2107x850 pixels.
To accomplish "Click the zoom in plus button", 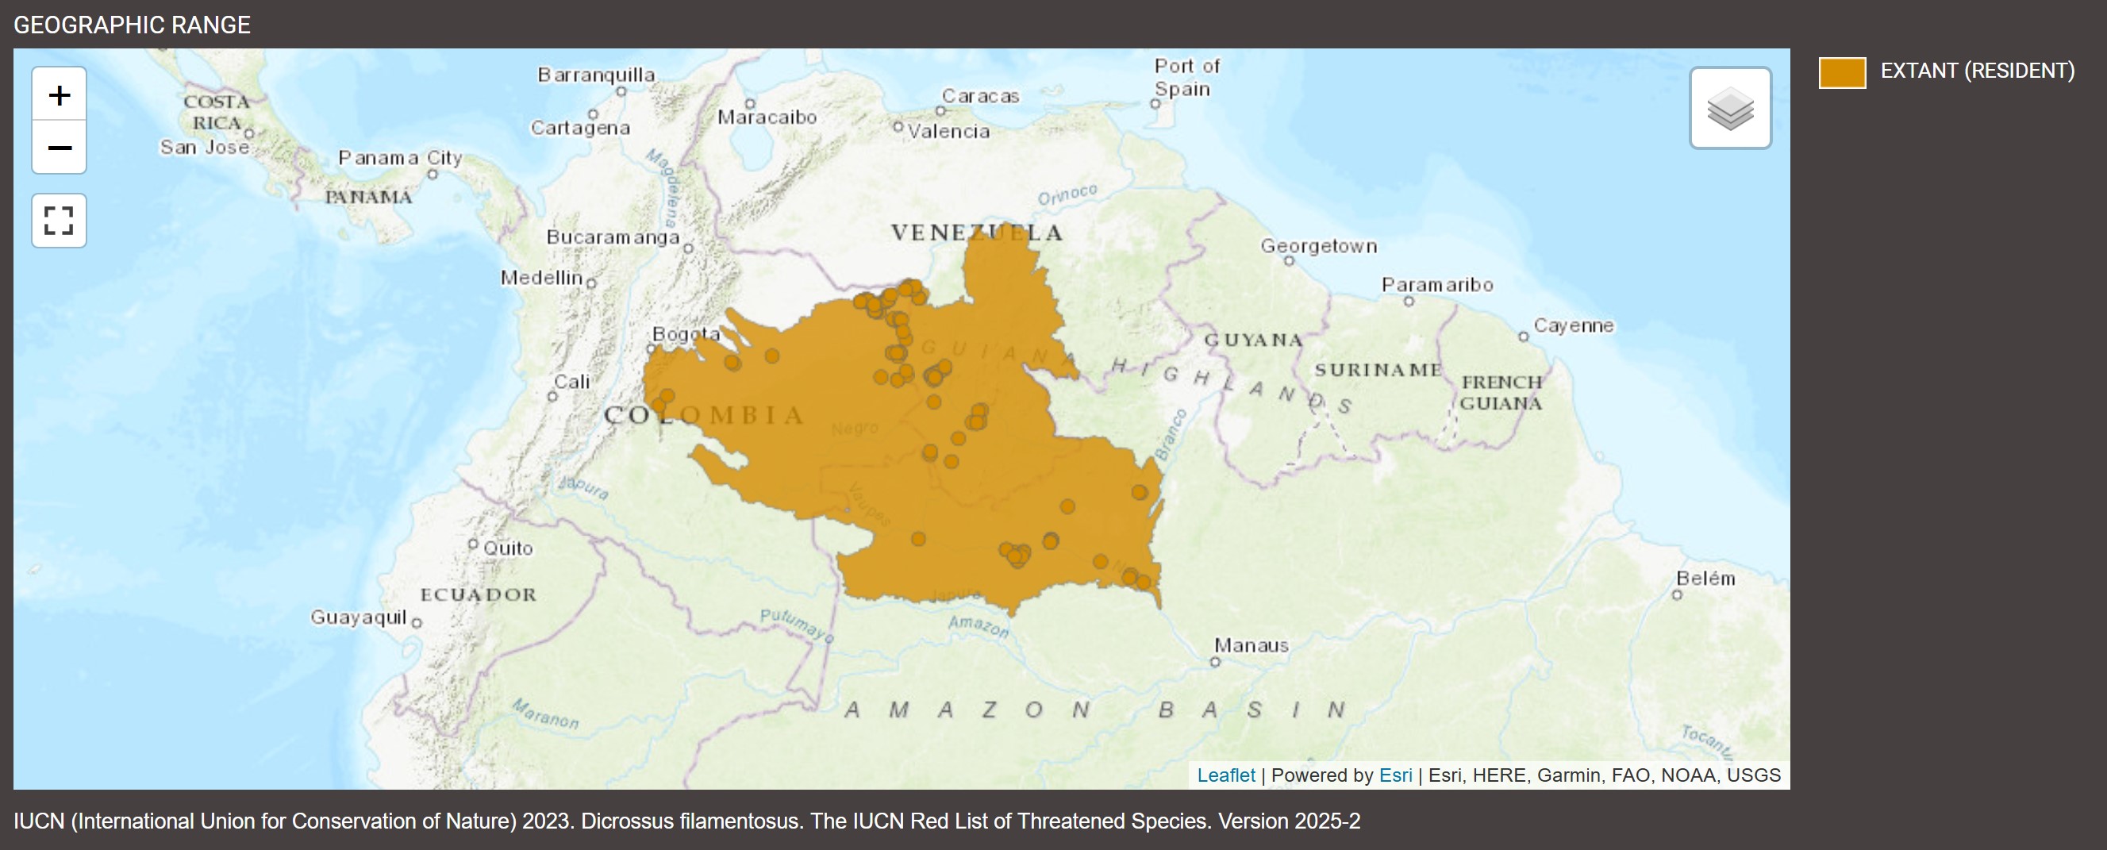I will (x=59, y=95).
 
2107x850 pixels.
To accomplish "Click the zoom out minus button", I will (x=59, y=148).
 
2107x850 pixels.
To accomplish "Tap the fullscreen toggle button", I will (x=59, y=221).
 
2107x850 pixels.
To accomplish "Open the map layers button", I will (x=1730, y=109).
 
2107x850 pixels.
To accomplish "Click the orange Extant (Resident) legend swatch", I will (x=1841, y=72).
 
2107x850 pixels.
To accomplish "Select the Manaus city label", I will (x=1251, y=645).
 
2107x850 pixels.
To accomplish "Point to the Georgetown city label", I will (x=1317, y=246).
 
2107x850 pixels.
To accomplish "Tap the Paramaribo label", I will (x=1436, y=285).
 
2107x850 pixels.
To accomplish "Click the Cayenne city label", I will (x=1573, y=325).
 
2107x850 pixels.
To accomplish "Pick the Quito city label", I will (x=507, y=548).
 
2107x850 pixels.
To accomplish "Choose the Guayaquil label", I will (x=358, y=617).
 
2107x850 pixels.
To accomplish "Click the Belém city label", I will (x=1705, y=579).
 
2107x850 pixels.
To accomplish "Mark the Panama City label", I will (x=400, y=157).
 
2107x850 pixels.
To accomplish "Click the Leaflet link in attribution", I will (x=1225, y=775).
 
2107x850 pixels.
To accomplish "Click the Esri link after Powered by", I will (x=1394, y=775).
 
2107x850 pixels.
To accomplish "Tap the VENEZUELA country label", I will (x=977, y=233).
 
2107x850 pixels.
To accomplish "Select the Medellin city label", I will (x=541, y=278).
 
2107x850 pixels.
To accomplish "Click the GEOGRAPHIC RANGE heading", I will (x=132, y=25).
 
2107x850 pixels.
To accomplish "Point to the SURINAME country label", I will (x=1378, y=370).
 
